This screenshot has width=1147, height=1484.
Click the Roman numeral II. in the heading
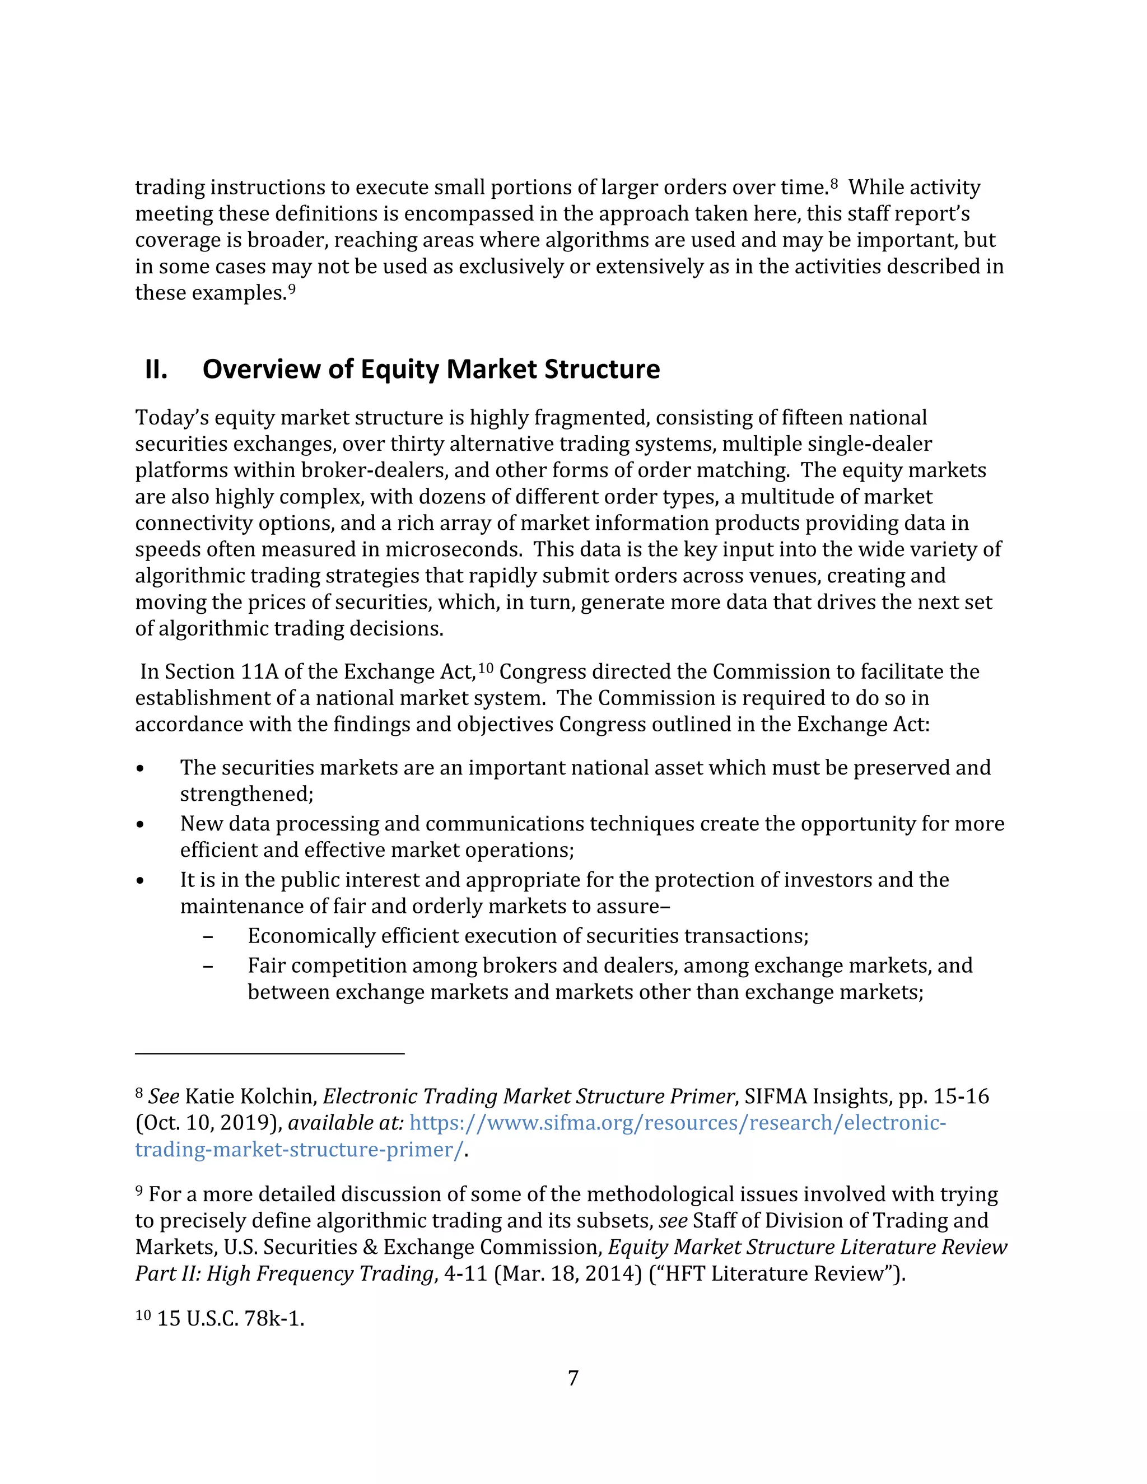(156, 370)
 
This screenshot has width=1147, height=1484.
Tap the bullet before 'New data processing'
(140, 825)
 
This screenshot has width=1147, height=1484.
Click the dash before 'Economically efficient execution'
(208, 937)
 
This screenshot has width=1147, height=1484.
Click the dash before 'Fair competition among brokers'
(208, 966)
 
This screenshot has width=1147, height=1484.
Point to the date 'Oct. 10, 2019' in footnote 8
(207, 1123)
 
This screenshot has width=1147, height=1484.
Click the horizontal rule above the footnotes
(270, 1053)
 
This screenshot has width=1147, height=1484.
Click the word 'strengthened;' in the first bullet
(246, 794)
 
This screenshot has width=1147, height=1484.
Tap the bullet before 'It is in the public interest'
(140, 881)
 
